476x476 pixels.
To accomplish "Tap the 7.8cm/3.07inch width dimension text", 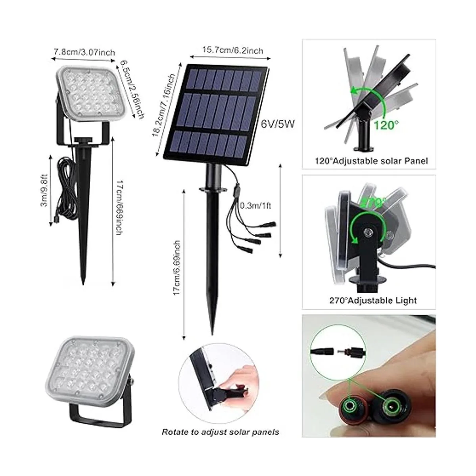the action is click(x=84, y=52).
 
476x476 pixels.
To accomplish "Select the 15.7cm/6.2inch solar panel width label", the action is click(x=233, y=50).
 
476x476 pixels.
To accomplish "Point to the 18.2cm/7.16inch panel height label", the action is click(x=163, y=105).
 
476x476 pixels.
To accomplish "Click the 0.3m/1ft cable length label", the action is click(x=256, y=205).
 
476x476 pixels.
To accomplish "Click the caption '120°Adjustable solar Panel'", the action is click(x=371, y=161).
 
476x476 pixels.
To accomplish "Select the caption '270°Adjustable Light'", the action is click(x=373, y=300).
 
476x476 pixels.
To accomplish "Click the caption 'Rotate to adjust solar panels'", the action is click(x=220, y=439).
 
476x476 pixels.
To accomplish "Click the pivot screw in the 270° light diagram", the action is click(x=367, y=232).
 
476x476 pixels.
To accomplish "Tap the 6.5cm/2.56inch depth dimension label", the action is click(x=132, y=90).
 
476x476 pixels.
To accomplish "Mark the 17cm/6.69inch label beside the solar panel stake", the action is click(x=177, y=268).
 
